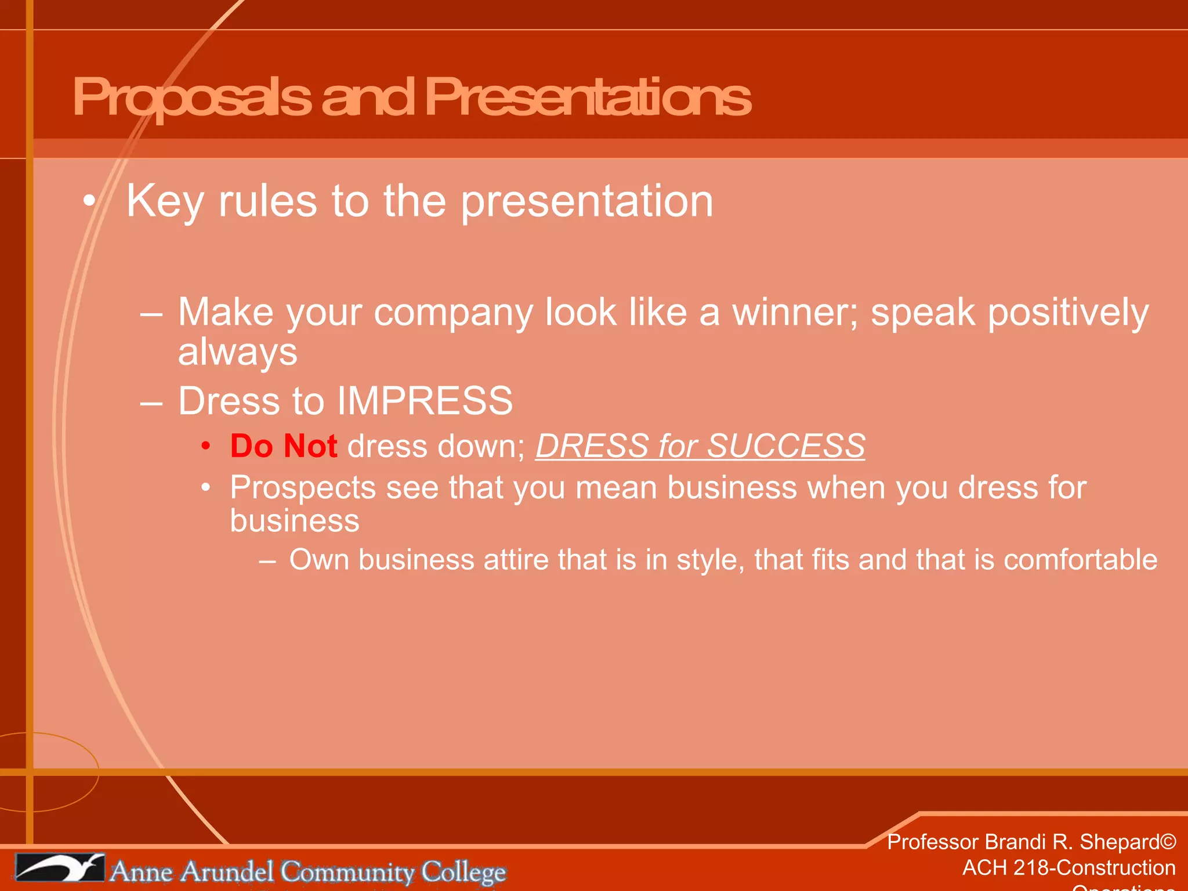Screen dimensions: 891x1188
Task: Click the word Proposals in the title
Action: (191, 97)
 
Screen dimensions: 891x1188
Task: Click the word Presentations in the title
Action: (587, 97)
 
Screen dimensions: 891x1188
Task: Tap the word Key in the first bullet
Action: (165, 202)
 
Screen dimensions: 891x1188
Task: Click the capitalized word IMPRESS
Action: (425, 401)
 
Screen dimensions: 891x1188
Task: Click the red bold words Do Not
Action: (284, 446)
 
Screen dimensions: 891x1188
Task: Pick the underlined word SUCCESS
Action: (786, 446)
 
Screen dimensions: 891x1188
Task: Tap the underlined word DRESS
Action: (592, 446)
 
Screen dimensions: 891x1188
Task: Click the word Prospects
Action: (302, 487)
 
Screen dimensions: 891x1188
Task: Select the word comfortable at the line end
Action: (1080, 560)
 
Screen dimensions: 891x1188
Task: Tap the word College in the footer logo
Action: (463, 872)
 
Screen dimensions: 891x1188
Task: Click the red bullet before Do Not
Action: (205, 446)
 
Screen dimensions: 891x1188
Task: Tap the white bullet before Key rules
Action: (89, 202)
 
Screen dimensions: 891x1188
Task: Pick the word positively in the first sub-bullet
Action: (1068, 312)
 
